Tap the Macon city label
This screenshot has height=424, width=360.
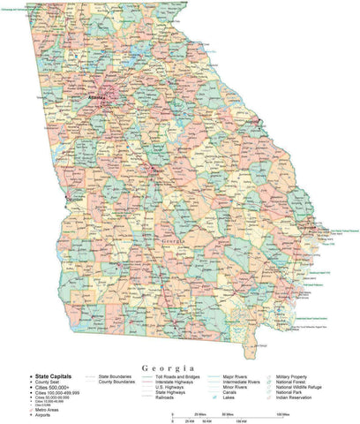tap(159, 170)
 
